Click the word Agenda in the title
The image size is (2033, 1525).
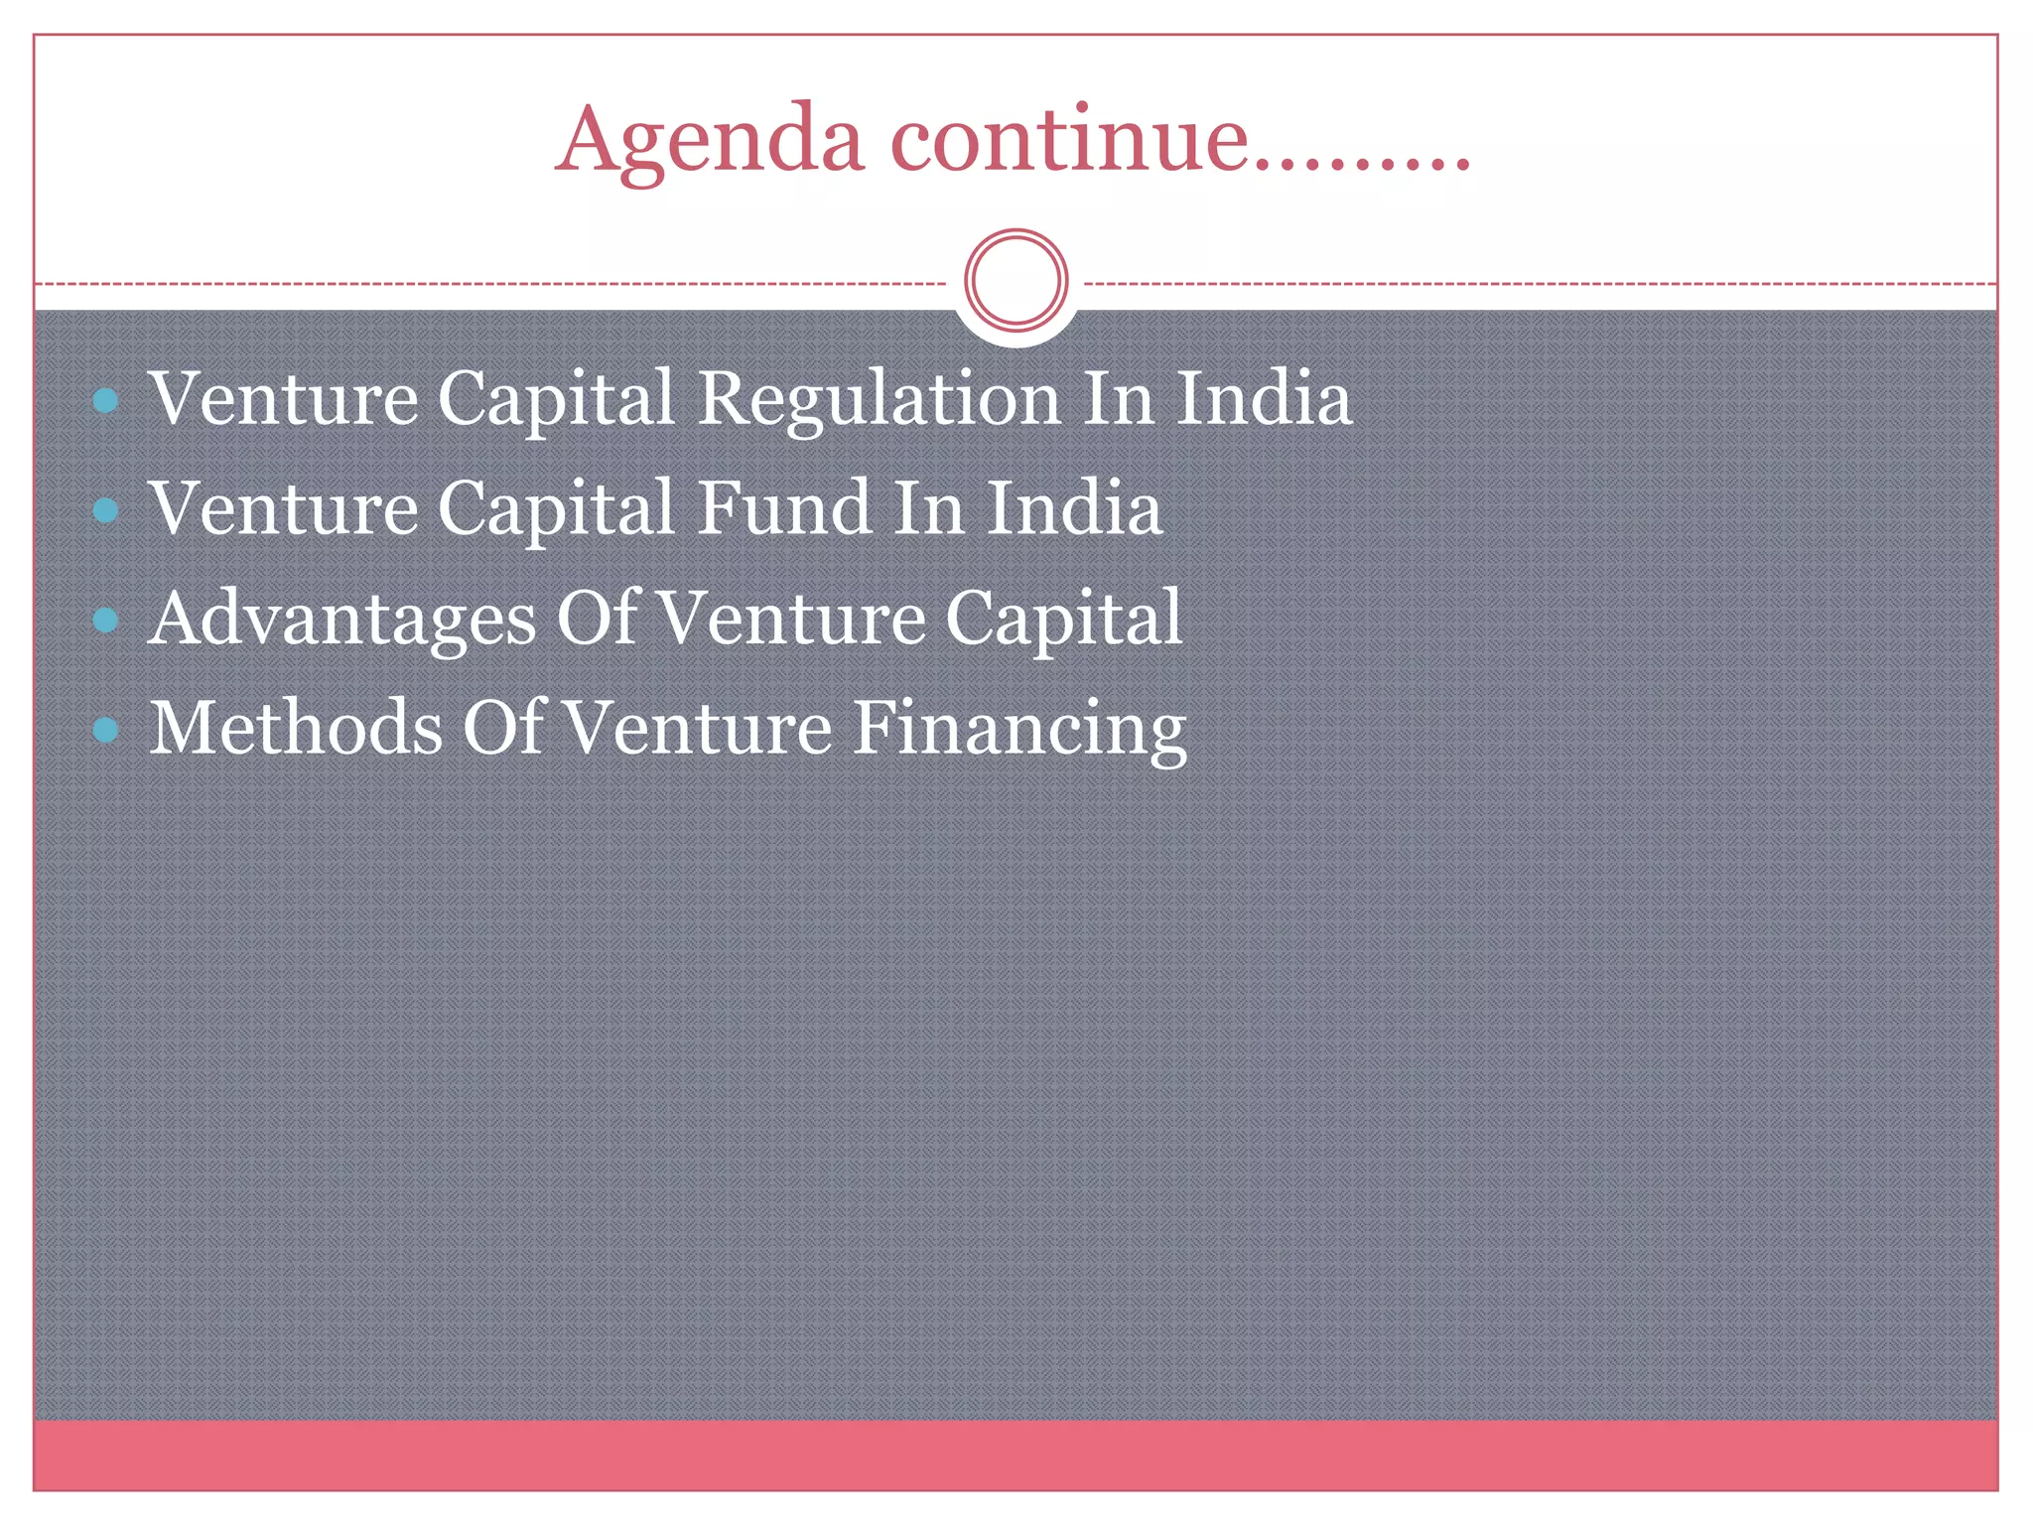point(709,141)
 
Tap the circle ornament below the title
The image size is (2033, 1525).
point(1016,280)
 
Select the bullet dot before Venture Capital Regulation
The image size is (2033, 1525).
point(105,401)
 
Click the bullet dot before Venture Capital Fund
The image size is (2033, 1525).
point(105,510)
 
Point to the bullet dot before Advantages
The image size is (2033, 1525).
point(105,621)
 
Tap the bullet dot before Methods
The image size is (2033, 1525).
point(105,731)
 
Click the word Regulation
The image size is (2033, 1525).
point(880,399)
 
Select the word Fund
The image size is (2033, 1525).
point(784,508)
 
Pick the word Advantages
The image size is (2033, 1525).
point(341,619)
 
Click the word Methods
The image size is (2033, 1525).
point(296,728)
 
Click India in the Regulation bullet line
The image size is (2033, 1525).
point(1263,399)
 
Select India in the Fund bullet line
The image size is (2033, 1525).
point(1073,508)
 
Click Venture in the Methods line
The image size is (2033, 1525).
point(698,728)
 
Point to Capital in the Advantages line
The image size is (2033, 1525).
point(1063,619)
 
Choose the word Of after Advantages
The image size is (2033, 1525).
point(597,618)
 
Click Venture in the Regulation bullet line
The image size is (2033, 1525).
point(284,399)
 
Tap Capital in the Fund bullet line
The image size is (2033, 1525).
point(557,508)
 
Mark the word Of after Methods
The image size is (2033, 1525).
point(503,727)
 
